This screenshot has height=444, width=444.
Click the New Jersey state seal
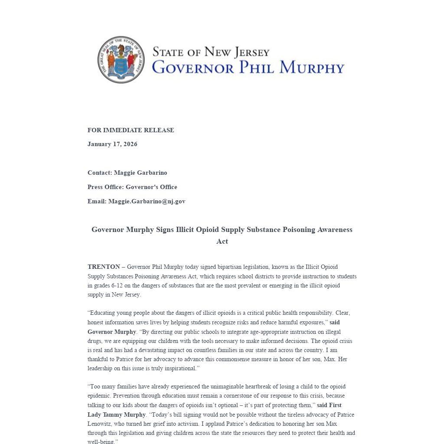[x=121, y=60]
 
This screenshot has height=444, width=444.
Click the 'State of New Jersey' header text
[x=211, y=52]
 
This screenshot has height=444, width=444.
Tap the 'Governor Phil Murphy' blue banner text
[x=248, y=68]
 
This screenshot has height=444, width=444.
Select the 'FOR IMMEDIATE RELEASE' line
[x=131, y=130]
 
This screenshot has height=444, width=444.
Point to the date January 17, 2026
[x=112, y=144]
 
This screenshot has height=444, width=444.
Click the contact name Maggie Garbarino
[x=140, y=173]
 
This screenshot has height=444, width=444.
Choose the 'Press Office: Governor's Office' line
[x=132, y=187]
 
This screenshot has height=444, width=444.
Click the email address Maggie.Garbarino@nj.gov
[x=147, y=201]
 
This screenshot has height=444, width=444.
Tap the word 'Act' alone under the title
[x=222, y=241]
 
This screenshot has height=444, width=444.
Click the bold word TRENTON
[x=104, y=267]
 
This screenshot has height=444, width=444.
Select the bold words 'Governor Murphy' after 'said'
[x=112, y=332]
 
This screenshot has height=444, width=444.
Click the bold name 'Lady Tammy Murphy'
[x=117, y=415]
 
